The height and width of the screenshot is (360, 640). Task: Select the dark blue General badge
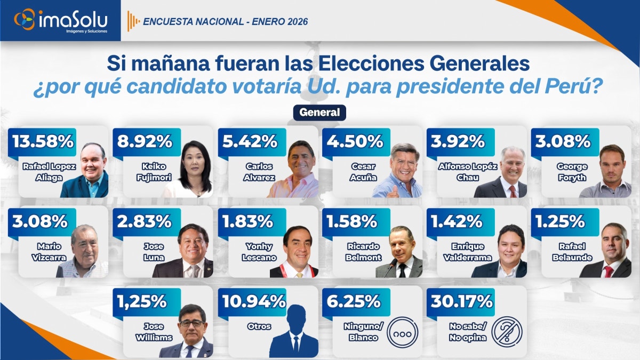click(x=319, y=113)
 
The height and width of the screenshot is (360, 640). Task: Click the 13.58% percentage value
click(x=42, y=142)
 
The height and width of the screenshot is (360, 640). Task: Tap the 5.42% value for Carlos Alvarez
click(x=251, y=142)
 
